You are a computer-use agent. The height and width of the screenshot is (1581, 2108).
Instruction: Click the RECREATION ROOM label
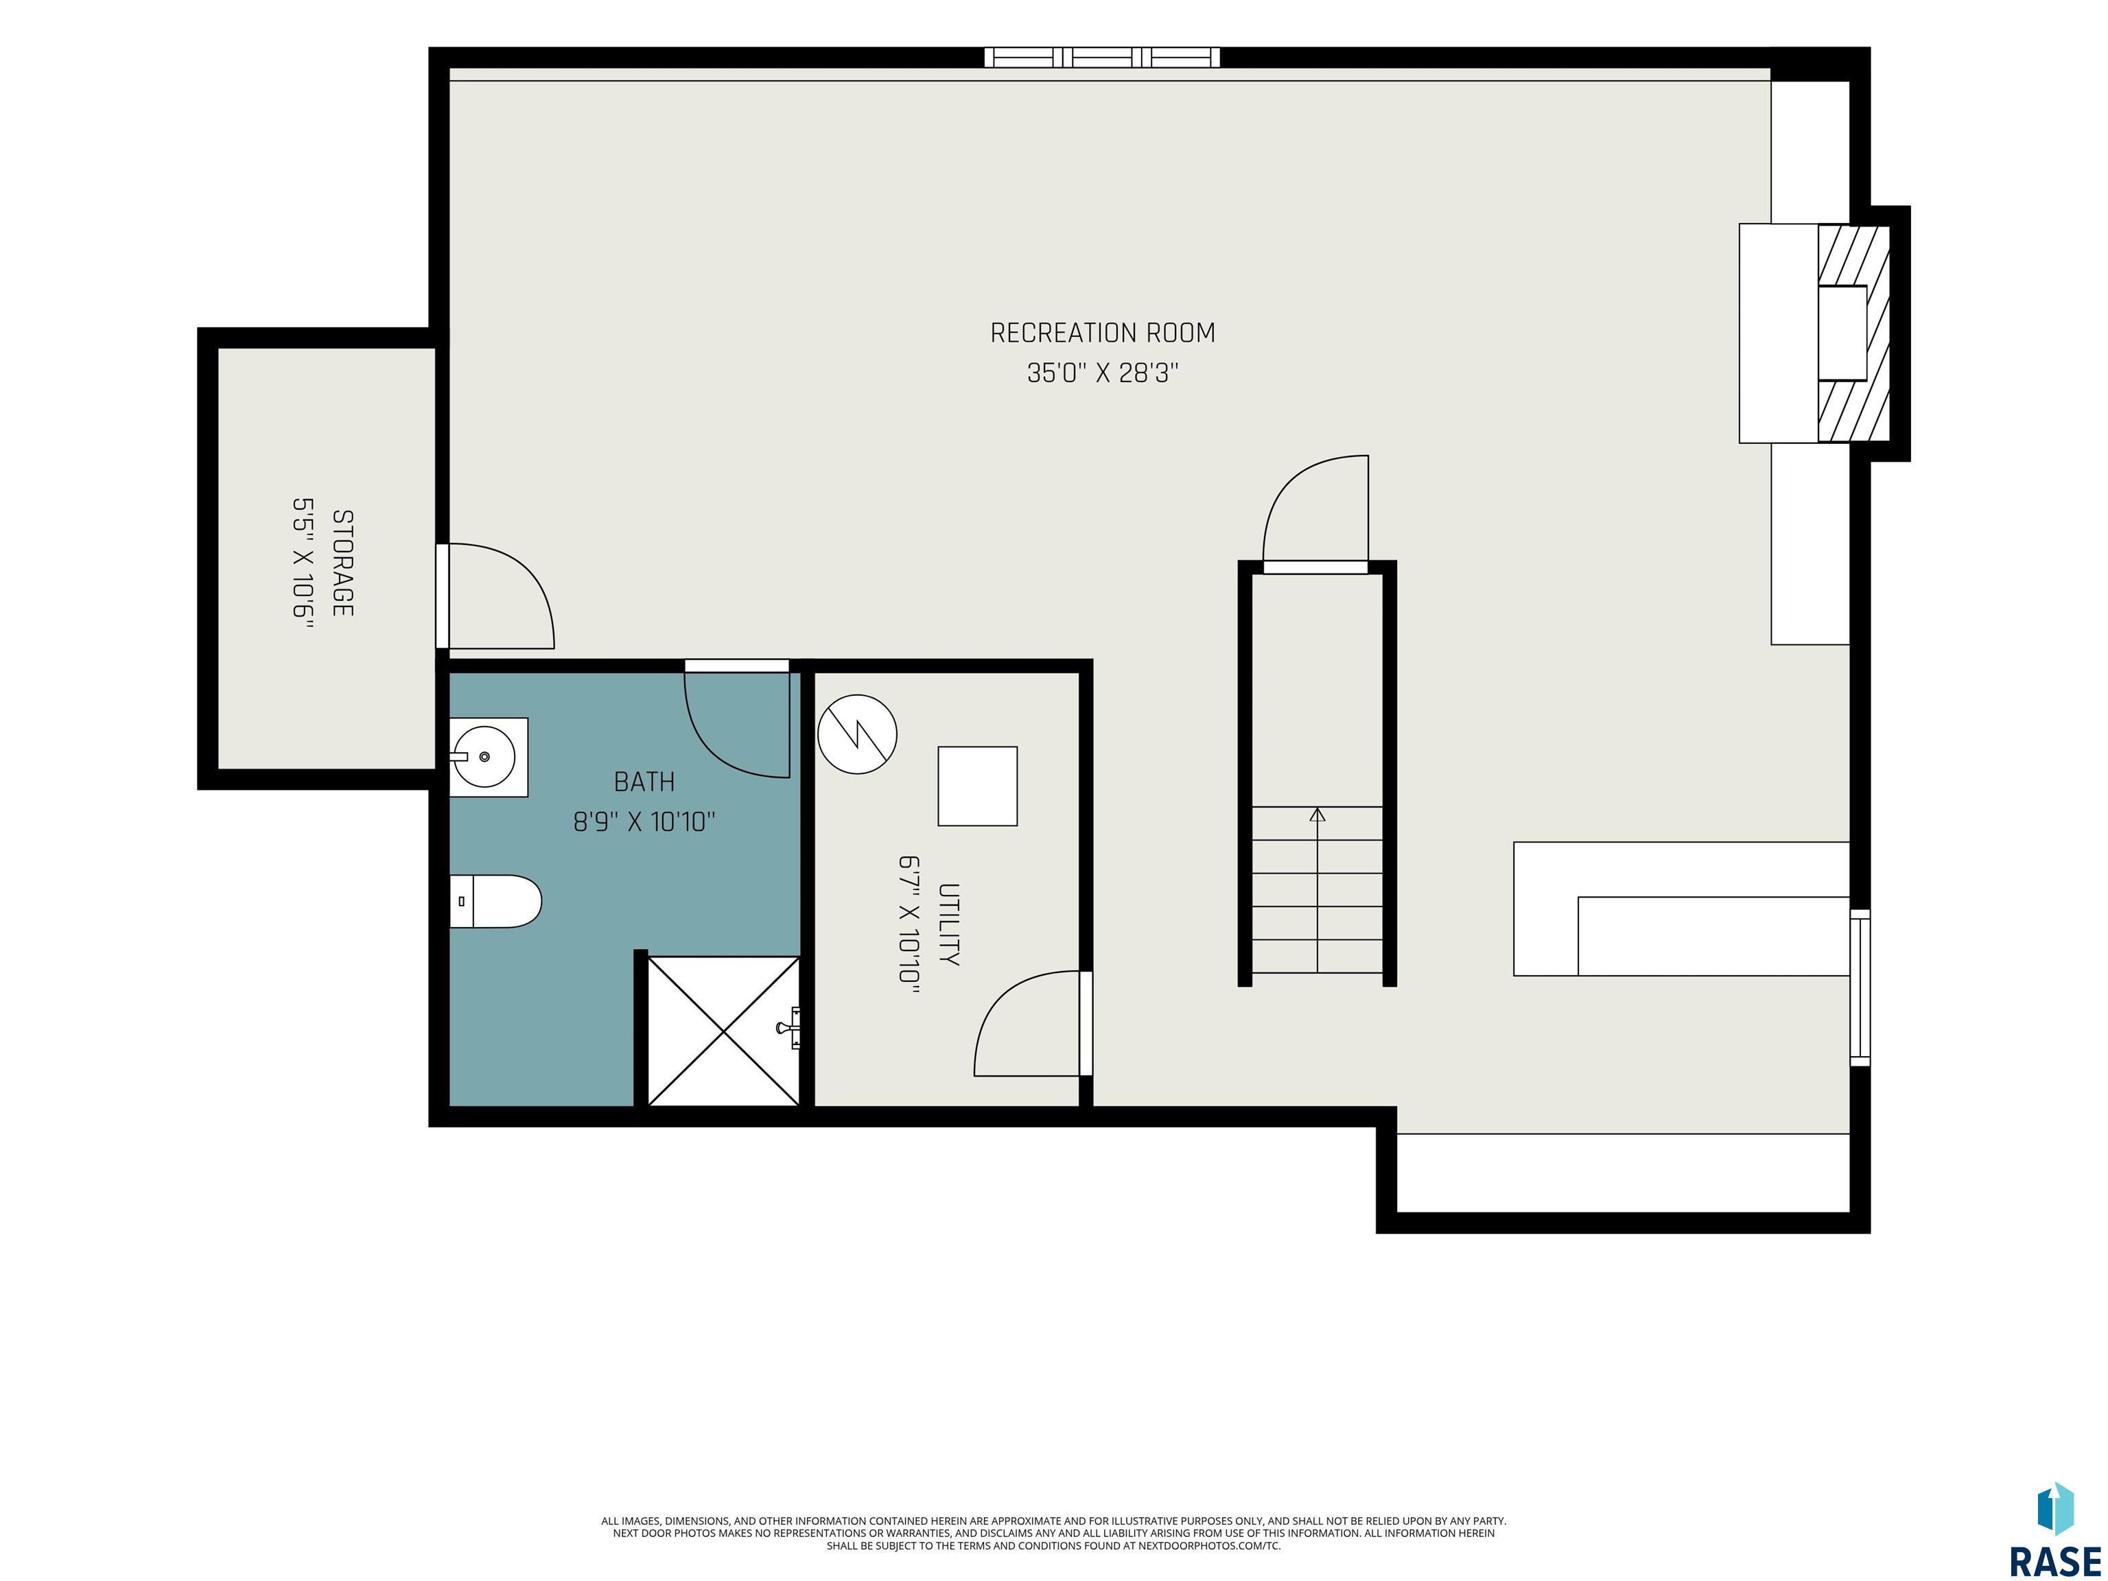point(1103,333)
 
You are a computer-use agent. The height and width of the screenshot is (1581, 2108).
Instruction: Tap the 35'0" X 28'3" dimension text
point(1103,373)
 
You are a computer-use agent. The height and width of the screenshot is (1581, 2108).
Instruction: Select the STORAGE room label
point(342,563)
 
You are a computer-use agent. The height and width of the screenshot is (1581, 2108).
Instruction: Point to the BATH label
point(644,782)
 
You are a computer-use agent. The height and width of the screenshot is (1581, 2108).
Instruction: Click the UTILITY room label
point(948,924)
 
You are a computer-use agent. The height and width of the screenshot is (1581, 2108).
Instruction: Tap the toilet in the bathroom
point(495,902)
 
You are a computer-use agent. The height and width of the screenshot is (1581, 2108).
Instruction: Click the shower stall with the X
point(723,1031)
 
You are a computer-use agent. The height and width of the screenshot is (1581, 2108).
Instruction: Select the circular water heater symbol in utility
point(858,734)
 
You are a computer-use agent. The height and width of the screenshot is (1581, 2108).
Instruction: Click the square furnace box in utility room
point(978,786)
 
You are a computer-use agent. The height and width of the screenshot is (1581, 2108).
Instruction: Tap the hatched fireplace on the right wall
point(1853,333)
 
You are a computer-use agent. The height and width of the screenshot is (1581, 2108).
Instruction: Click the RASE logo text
point(2054,1561)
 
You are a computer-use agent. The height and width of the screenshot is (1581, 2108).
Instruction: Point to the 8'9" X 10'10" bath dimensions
point(644,821)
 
